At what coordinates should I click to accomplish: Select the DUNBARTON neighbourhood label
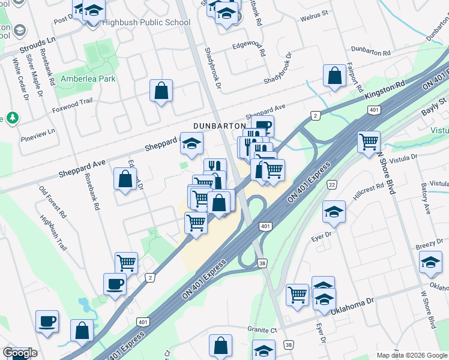[220, 125]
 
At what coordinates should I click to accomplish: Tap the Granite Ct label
[262, 329]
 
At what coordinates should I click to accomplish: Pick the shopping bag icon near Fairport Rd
[335, 76]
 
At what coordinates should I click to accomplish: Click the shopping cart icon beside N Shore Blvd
[369, 142]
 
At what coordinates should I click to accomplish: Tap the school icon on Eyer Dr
[334, 211]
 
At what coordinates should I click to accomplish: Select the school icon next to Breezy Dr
[430, 262]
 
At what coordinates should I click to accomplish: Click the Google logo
[20, 353]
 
